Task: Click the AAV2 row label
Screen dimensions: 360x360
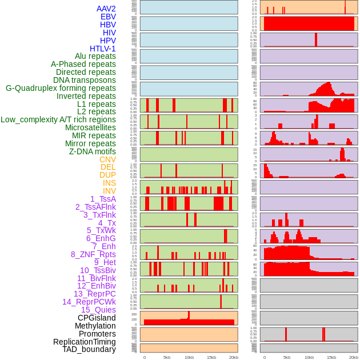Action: pyautogui.click(x=106, y=9)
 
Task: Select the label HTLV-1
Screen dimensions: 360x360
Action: pyautogui.click(x=103, y=49)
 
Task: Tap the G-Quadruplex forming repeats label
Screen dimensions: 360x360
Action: pyautogui.click(x=61, y=88)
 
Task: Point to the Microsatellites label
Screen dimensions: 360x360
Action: pyautogui.click(x=90, y=127)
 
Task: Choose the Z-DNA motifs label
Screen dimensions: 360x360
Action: pyautogui.click(x=93, y=151)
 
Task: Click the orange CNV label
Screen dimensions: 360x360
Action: pyautogui.click(x=107, y=159)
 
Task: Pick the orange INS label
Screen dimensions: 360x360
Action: pyautogui.click(x=109, y=183)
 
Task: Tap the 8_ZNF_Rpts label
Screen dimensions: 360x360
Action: pyautogui.click(x=93, y=254)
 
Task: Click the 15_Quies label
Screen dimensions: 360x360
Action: pyautogui.click(x=98, y=310)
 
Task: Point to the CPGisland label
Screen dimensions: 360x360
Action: pyautogui.click(x=97, y=318)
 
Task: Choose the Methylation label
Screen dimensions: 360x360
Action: pyautogui.click(x=95, y=326)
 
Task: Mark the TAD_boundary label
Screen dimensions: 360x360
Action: pyautogui.click(x=89, y=349)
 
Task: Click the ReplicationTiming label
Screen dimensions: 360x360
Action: pyautogui.click(x=85, y=342)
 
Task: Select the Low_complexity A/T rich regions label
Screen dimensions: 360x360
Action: pyautogui.click(x=58, y=119)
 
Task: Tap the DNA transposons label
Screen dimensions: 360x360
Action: pyautogui.click(x=85, y=80)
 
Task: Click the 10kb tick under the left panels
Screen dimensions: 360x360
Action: pyautogui.click(x=189, y=357)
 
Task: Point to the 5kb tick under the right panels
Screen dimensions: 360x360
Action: pyautogui.click(x=286, y=357)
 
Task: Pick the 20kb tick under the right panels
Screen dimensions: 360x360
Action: pyautogui.click(x=354, y=357)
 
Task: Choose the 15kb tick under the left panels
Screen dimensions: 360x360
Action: pyautogui.click(x=211, y=357)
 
